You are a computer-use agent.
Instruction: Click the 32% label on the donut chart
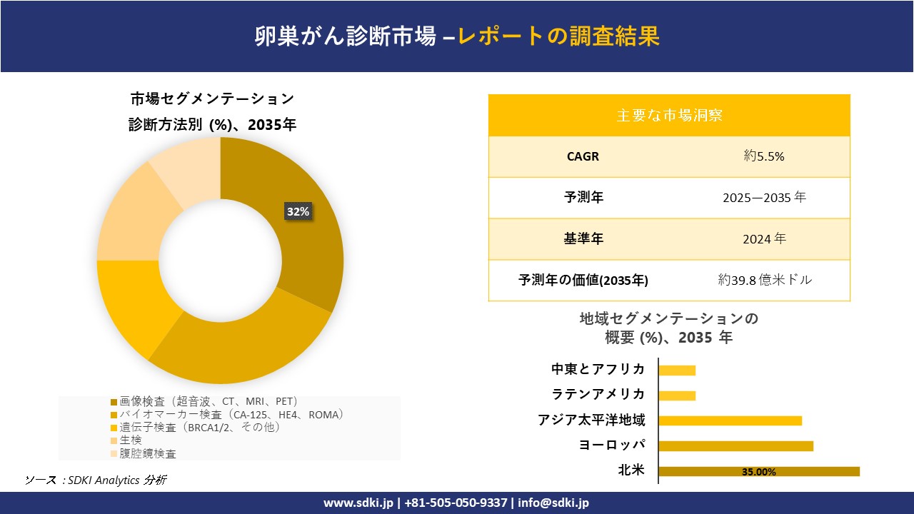[298, 211]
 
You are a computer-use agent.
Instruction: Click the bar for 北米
[758, 471]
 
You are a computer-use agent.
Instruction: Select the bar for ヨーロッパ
[735, 446]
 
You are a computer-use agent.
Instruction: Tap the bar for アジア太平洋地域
[730, 420]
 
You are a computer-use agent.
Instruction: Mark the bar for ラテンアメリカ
[676, 395]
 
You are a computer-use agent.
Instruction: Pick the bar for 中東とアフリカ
[676, 370]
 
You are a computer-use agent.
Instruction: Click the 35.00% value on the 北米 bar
[758, 472]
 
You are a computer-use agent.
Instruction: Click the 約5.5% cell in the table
[763, 156]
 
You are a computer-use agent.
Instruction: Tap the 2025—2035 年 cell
[763, 198]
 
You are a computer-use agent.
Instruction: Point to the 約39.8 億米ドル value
[765, 281]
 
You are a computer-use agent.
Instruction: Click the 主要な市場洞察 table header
[669, 115]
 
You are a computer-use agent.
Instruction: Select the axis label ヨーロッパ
[612, 445]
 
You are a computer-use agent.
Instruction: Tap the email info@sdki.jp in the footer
[553, 503]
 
